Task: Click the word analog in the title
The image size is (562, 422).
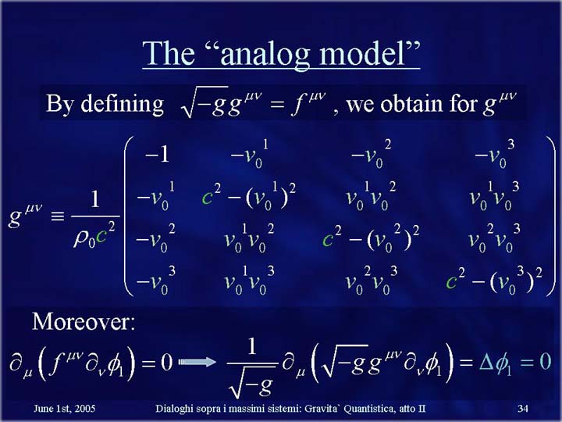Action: pyautogui.click(x=265, y=55)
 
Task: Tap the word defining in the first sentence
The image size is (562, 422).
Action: pyautogui.click(x=123, y=105)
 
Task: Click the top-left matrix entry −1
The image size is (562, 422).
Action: pyautogui.click(x=157, y=155)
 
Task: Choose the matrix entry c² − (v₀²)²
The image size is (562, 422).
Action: pyautogui.click(x=371, y=238)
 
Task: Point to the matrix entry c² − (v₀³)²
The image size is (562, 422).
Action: pyautogui.click(x=494, y=281)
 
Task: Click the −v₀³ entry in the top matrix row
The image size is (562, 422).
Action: pyautogui.click(x=495, y=154)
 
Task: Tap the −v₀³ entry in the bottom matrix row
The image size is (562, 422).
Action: pyautogui.click(x=155, y=281)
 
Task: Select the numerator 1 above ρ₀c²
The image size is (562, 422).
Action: pyautogui.click(x=95, y=199)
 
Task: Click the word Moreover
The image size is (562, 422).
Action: pyautogui.click(x=84, y=321)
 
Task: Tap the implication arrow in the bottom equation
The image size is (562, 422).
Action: pyautogui.click(x=197, y=362)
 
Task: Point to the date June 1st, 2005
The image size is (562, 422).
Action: pyautogui.click(x=65, y=409)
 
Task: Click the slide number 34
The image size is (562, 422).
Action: pyautogui.click(x=523, y=409)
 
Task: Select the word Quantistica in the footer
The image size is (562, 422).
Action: pyautogui.click(x=369, y=409)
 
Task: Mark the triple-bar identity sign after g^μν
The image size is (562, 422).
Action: pyautogui.click(x=58, y=216)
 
